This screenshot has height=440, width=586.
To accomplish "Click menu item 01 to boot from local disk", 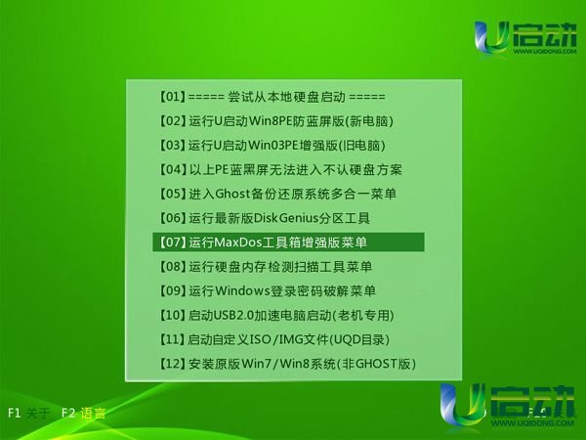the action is click(272, 97).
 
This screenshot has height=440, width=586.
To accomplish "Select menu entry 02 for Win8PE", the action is click(276, 121).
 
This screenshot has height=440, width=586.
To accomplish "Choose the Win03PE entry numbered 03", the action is click(272, 145).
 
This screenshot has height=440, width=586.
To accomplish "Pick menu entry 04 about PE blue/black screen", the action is click(280, 169).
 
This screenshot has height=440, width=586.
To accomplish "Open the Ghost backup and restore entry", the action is click(277, 194).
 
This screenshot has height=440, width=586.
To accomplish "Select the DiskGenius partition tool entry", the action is click(265, 218).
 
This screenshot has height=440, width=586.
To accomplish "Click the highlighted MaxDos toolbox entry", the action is click(288, 242).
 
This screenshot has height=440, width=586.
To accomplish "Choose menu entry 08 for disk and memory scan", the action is click(266, 266).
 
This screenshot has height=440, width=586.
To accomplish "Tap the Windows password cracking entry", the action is click(267, 290).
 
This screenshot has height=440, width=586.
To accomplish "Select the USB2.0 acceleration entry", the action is click(276, 315).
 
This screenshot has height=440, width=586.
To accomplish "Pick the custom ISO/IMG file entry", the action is click(274, 339).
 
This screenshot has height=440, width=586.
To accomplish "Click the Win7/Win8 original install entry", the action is click(287, 364).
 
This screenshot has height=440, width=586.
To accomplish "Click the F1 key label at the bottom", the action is click(15, 413).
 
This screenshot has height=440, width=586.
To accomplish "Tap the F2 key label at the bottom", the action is click(68, 413).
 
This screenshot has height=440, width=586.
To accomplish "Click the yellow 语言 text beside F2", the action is click(93, 413).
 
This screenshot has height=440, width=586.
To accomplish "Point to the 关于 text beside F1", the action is click(38, 413).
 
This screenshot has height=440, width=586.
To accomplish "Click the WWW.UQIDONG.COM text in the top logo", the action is click(545, 51).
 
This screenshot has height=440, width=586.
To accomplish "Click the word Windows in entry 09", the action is click(242, 290).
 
